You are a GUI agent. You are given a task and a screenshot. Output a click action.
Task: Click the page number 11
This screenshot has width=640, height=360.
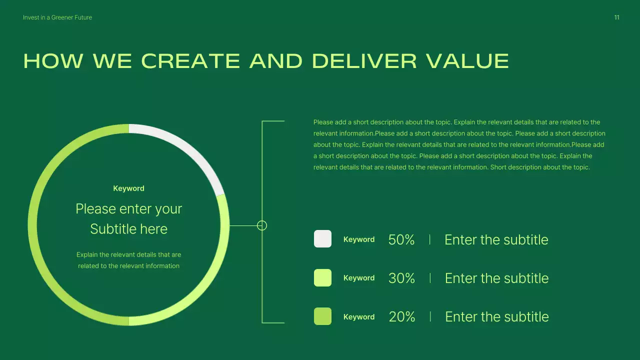coord(616,17)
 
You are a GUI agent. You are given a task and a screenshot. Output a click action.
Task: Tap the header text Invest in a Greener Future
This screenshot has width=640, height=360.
coord(57,17)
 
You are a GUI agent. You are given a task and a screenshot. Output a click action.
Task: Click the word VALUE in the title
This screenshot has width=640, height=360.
coord(467,61)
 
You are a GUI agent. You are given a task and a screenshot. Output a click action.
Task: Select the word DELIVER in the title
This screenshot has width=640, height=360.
coord(364,61)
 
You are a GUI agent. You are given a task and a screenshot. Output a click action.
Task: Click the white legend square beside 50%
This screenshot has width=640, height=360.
coord(322,239)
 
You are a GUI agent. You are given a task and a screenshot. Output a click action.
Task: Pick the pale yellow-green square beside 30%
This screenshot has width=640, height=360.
coord(322,278)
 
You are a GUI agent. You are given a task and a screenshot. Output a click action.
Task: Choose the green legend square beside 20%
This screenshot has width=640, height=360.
coord(322,316)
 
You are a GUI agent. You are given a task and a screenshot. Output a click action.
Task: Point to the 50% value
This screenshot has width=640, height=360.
coord(401,240)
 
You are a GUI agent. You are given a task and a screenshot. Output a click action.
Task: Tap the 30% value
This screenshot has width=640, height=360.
coord(401,278)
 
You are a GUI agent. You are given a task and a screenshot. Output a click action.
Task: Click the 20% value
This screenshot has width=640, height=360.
coord(402,317)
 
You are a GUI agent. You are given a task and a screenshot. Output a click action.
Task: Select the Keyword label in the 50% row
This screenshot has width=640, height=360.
coord(359,239)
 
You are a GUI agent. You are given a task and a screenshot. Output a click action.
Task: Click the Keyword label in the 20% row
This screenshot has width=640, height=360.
coord(359,317)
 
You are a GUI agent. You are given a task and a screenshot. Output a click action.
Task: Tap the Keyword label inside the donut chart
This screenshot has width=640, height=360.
coord(128,188)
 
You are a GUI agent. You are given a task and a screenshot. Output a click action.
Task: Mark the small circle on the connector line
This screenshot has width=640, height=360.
coord(262,225)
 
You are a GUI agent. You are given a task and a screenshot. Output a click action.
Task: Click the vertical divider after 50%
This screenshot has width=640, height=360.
coord(430,239)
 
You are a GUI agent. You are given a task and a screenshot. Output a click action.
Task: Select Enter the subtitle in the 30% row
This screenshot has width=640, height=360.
coord(496,278)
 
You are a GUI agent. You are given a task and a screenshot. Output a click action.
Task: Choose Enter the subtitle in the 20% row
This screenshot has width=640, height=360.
coord(496,317)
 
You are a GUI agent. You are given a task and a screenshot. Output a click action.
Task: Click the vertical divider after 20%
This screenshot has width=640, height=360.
coord(430,316)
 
